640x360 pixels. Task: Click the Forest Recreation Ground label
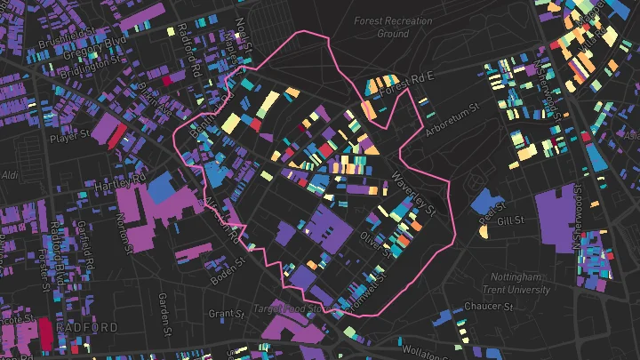click(x=393, y=27)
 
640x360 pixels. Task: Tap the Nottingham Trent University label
click(x=516, y=284)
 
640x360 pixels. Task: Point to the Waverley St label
click(x=415, y=193)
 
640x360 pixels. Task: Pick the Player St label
click(x=70, y=138)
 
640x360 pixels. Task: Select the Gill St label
click(x=512, y=220)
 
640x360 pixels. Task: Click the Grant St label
click(x=226, y=314)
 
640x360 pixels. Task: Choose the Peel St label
click(x=487, y=214)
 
